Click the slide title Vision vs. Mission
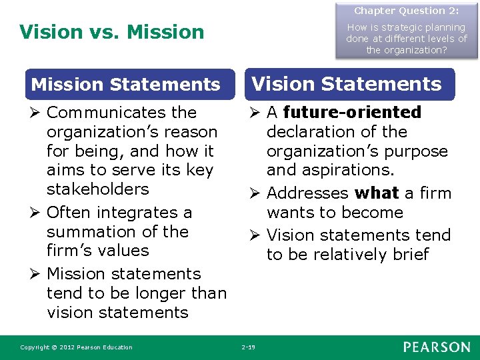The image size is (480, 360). click(112, 31)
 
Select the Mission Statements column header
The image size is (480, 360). click(126, 85)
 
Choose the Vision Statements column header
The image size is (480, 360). click(346, 84)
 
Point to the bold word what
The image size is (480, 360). click(377, 193)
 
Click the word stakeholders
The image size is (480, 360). click(98, 189)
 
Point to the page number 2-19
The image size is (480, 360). click(248, 347)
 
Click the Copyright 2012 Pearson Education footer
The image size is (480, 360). click(76, 347)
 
